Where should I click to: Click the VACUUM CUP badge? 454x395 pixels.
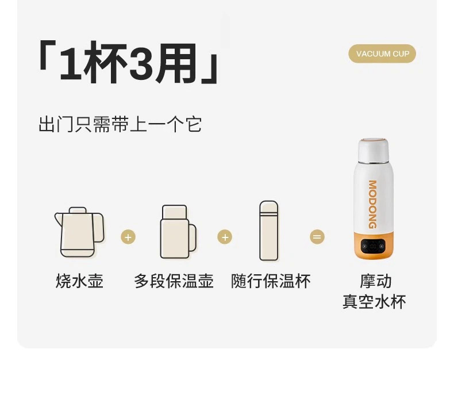click(382, 53)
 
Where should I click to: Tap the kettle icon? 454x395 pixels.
click(79, 232)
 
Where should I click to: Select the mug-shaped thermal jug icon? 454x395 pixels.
click(178, 232)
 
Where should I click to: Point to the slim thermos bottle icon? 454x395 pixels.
click(269, 231)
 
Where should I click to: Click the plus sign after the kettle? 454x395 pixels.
click(128, 237)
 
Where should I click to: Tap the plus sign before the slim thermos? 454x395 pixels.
click(225, 237)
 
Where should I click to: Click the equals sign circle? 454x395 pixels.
click(317, 237)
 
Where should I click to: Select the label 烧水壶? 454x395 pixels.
click(79, 281)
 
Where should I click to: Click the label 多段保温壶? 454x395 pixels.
click(174, 281)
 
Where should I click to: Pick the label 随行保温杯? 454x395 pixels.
click(271, 281)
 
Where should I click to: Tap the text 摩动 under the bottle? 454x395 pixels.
click(375, 281)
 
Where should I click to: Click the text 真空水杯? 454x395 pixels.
click(374, 302)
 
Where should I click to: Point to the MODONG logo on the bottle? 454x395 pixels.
click(372, 205)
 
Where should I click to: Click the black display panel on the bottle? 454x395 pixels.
click(373, 246)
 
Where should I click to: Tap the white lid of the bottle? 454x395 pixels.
click(373, 150)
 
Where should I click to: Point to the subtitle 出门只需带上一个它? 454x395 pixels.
click(120, 125)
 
